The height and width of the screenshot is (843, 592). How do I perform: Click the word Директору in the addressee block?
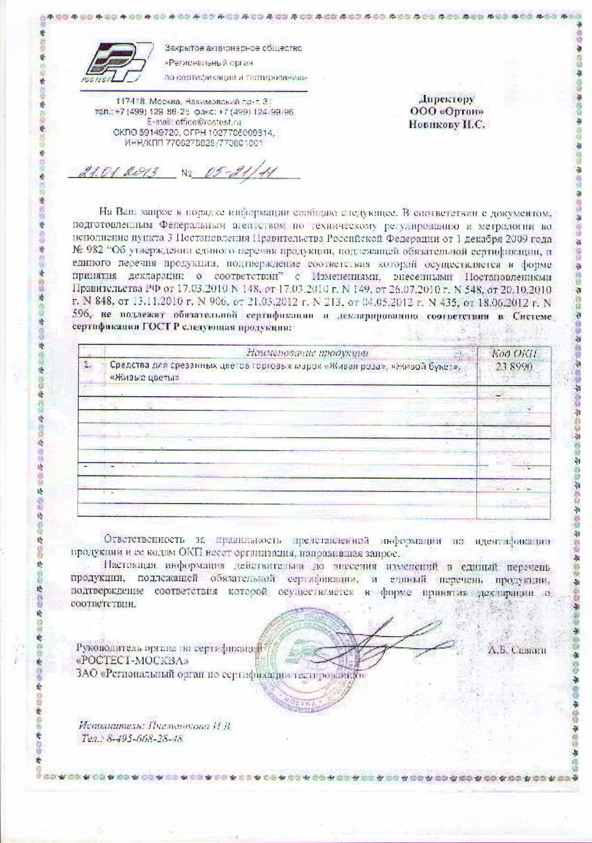click(446, 100)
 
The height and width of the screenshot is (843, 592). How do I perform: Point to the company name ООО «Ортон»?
click(446, 112)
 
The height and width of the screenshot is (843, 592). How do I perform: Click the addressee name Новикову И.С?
click(446, 124)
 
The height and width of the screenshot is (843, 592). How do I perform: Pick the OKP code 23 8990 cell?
click(514, 367)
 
